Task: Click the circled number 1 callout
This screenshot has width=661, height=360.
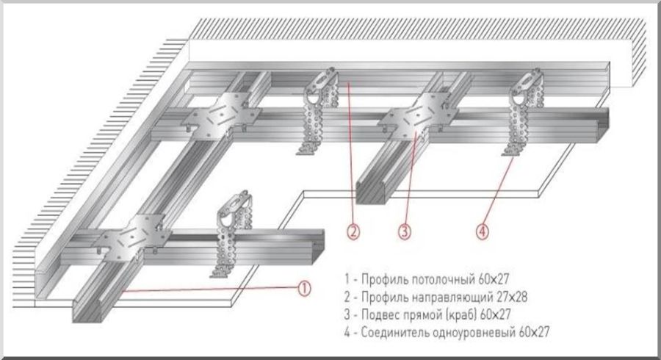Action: (x=304, y=288)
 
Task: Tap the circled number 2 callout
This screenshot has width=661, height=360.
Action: (x=353, y=231)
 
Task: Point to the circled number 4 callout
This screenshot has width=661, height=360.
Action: (x=482, y=231)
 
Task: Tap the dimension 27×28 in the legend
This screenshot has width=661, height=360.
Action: (x=510, y=297)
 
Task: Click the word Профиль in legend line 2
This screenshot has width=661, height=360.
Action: (x=383, y=297)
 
